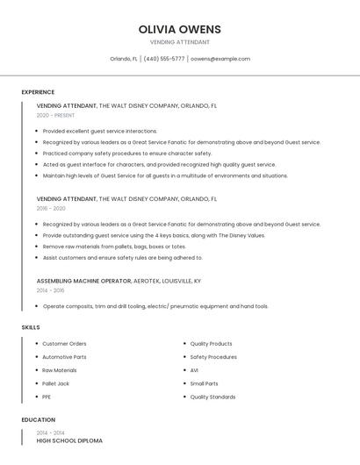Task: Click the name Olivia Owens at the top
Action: tap(180, 29)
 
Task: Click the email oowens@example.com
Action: tap(220, 59)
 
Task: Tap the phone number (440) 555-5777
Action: tap(164, 59)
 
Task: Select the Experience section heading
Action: tap(38, 92)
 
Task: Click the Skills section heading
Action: tap(31, 327)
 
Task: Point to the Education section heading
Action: tap(39, 419)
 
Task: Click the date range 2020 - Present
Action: tap(55, 115)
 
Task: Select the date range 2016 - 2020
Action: tap(51, 209)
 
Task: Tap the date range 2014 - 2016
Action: tap(50, 290)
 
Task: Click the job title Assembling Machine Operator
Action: tap(83, 281)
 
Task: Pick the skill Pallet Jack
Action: tap(56, 383)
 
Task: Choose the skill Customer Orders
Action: tap(64, 344)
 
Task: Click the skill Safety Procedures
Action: tap(213, 357)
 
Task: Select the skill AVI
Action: tap(194, 370)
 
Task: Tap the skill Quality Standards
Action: tap(212, 397)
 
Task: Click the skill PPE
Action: tap(47, 397)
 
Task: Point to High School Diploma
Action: tap(69, 440)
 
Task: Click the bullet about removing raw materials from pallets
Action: tap(114, 247)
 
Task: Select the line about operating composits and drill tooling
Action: tap(155, 306)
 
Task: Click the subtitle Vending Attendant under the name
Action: tap(180, 42)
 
